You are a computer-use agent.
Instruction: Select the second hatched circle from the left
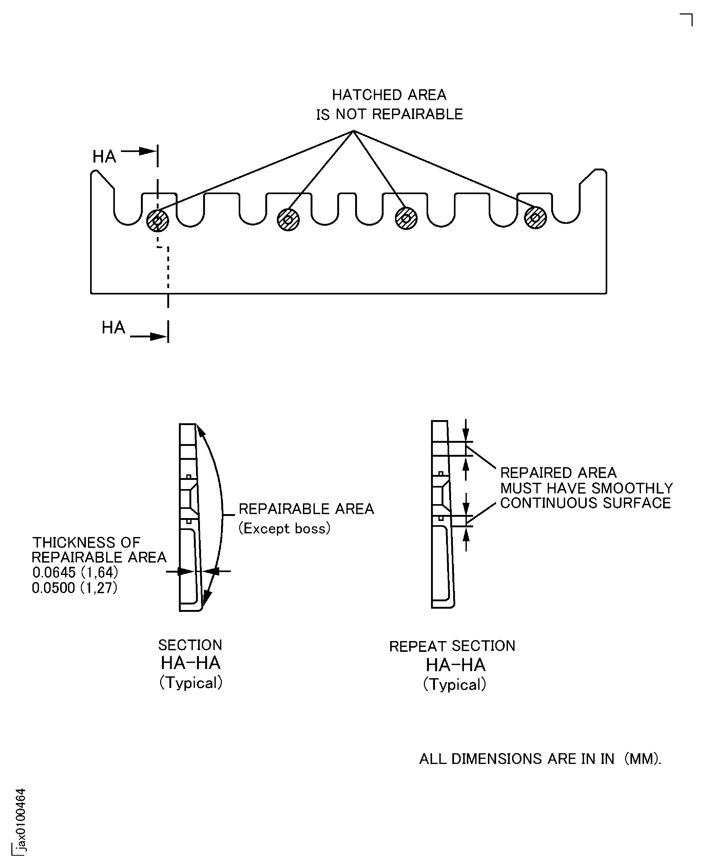coord(288,220)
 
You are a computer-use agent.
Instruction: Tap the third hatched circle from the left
coord(406,218)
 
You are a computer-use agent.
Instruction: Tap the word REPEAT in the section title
coord(418,646)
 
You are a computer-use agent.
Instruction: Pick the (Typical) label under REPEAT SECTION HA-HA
coord(454,685)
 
